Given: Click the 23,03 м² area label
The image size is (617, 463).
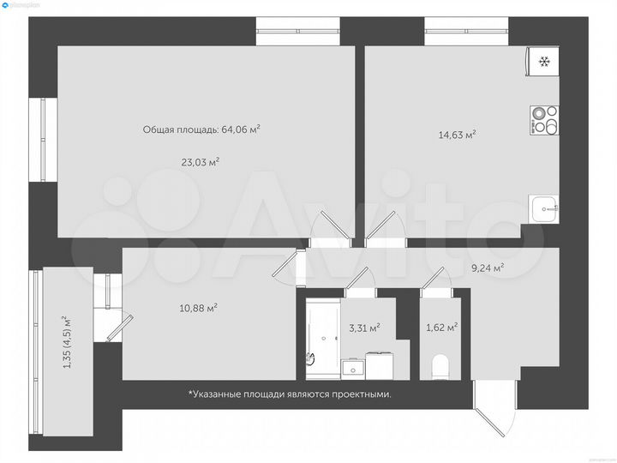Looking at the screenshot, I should click(201, 161).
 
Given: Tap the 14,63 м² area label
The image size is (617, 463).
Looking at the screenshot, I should click(457, 134).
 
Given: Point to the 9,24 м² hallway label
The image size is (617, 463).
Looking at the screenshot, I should click(487, 268).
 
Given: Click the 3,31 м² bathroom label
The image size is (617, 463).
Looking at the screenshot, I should click(364, 327).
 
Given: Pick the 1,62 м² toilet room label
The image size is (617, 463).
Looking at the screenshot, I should click(442, 327).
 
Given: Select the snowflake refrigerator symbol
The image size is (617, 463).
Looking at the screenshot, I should click(543, 61).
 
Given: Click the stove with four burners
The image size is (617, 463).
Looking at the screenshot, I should click(543, 120).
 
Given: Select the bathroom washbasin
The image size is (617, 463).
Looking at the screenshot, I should click(353, 369).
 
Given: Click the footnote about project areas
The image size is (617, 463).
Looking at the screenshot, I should click(290, 394).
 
